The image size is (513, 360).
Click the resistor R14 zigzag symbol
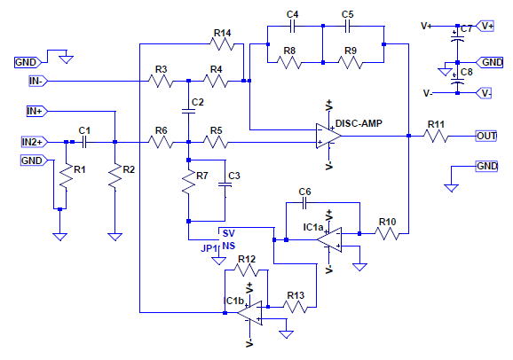click(222, 43)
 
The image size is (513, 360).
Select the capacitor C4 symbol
click(293, 27)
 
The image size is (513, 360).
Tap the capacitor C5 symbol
click(347, 27)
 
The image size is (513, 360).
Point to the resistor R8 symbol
click(288, 62)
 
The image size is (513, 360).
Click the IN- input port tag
click(37, 81)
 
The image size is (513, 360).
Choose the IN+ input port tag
click(37, 111)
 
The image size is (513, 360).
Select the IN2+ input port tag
click(35, 142)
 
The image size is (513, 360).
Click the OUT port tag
click(486, 136)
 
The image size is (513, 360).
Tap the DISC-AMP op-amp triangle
click(328, 136)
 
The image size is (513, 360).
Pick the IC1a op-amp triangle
click(329, 240)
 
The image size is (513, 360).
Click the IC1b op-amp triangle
click(249, 313)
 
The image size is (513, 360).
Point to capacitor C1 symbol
click(83, 142)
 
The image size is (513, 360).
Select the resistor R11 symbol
click(436, 136)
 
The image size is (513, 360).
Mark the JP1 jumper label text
click(209, 248)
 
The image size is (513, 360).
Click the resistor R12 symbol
click(247, 270)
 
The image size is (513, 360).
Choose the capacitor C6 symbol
click(304, 203)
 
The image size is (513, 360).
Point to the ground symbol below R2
click(114, 237)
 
